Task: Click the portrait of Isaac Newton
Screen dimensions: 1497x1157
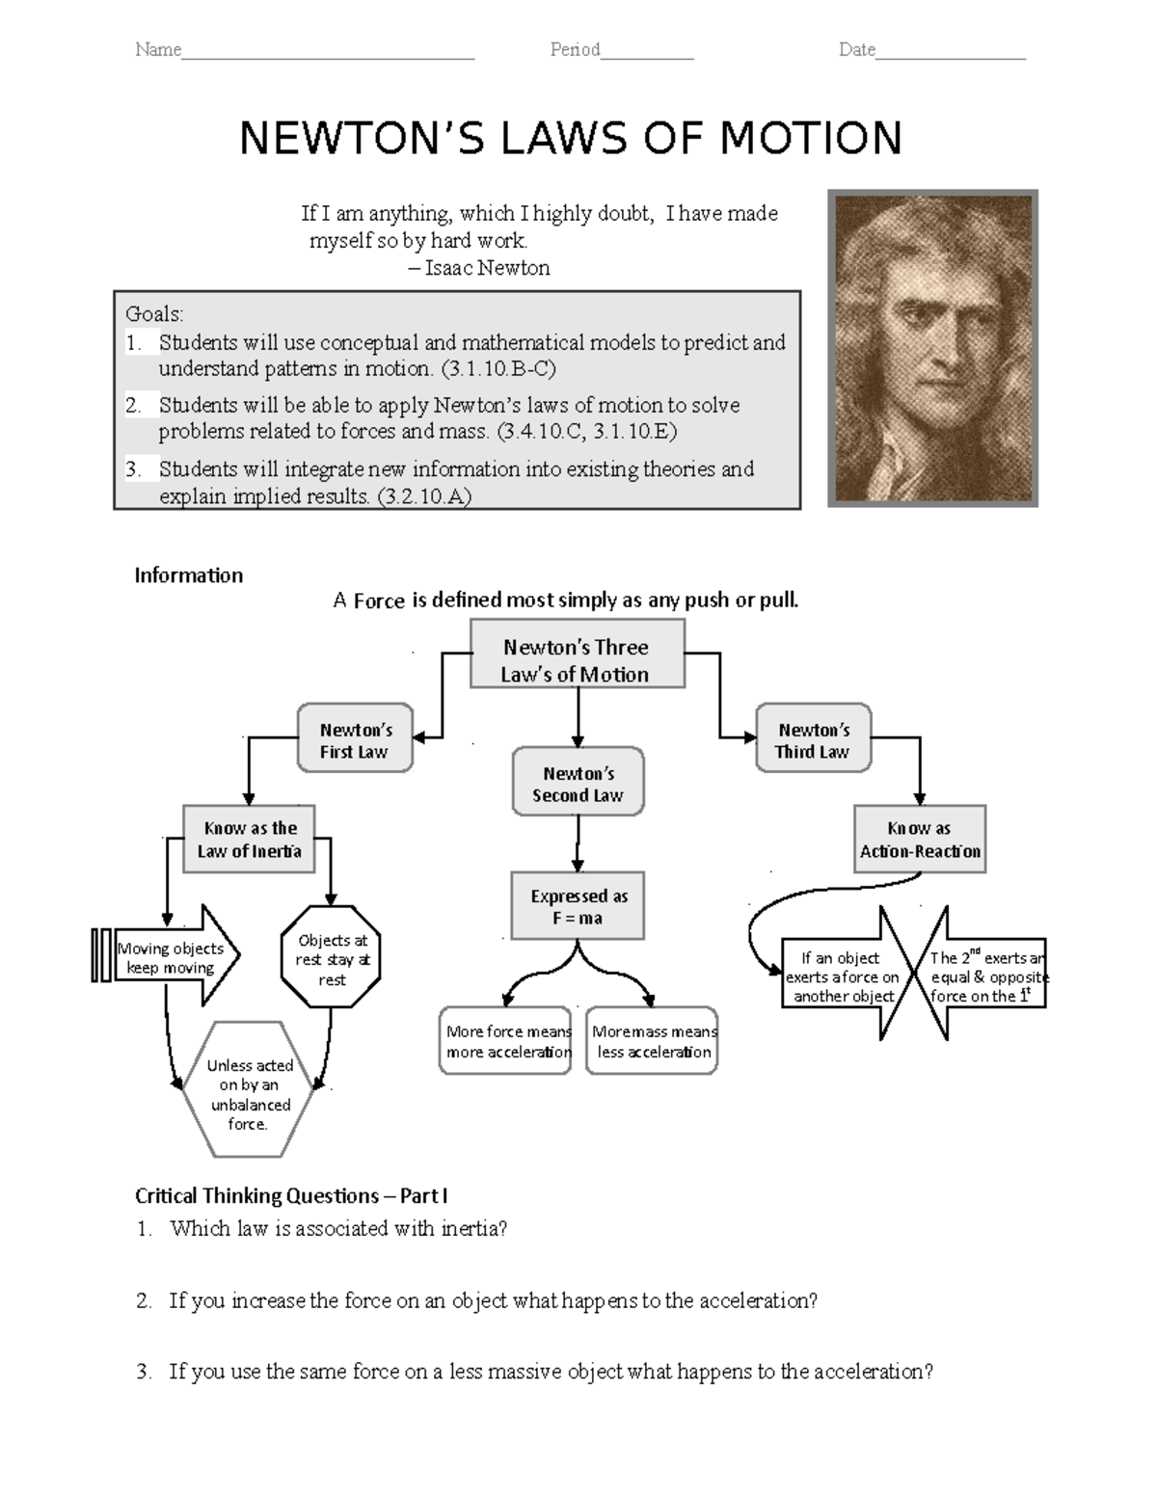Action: click(932, 348)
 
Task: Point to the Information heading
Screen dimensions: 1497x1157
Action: click(189, 575)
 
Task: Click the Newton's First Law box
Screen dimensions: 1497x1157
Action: click(355, 737)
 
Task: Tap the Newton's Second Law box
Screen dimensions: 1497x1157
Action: click(578, 782)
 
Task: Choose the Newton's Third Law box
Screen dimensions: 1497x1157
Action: click(813, 737)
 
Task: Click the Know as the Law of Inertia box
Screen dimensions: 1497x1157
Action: click(250, 839)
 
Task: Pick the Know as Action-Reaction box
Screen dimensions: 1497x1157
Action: click(920, 839)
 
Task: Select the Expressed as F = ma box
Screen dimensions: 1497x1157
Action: click(578, 906)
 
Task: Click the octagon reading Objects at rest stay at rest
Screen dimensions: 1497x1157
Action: click(332, 958)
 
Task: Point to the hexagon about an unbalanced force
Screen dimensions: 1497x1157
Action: click(249, 1092)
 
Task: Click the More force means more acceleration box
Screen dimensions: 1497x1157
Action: click(506, 1041)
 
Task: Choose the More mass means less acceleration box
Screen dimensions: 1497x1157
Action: click(653, 1041)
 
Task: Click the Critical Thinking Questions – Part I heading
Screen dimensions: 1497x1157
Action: click(291, 1196)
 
